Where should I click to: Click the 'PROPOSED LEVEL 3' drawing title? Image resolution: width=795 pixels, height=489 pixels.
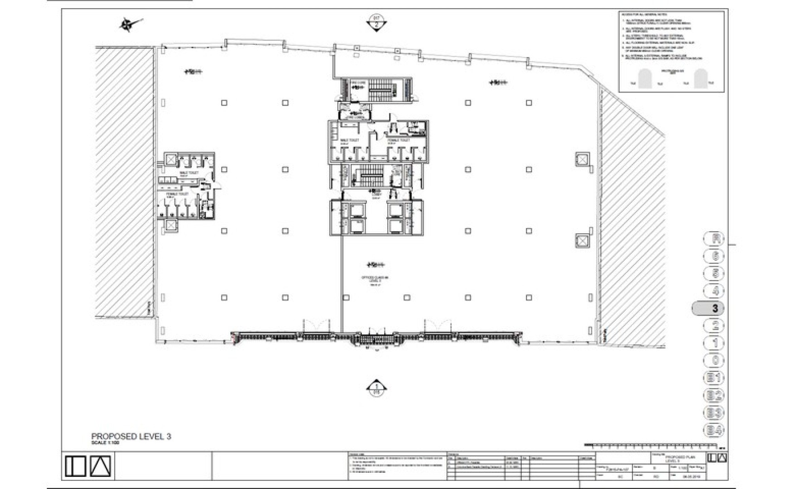pyautogui.click(x=131, y=436)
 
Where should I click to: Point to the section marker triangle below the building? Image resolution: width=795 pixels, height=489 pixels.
pyautogui.click(x=376, y=388)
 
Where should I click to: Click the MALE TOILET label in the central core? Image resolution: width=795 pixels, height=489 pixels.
pyautogui.click(x=349, y=140)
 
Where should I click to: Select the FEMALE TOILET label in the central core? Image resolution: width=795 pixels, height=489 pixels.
pyautogui.click(x=398, y=140)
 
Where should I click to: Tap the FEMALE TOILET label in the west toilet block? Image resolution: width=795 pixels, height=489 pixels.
pyautogui.click(x=177, y=194)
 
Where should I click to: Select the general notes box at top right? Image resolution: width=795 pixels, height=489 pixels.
pyautogui.click(x=671, y=51)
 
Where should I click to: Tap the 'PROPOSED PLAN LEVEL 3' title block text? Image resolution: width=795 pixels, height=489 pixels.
pyautogui.click(x=679, y=459)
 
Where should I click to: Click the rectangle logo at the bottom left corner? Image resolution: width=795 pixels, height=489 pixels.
pyautogui.click(x=75, y=466)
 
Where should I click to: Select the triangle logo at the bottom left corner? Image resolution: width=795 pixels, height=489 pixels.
pyautogui.click(x=100, y=466)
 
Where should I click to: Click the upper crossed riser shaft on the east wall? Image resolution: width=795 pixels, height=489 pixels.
pyautogui.click(x=582, y=160)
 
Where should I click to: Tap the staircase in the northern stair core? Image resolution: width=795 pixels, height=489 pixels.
pyautogui.click(x=377, y=90)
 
